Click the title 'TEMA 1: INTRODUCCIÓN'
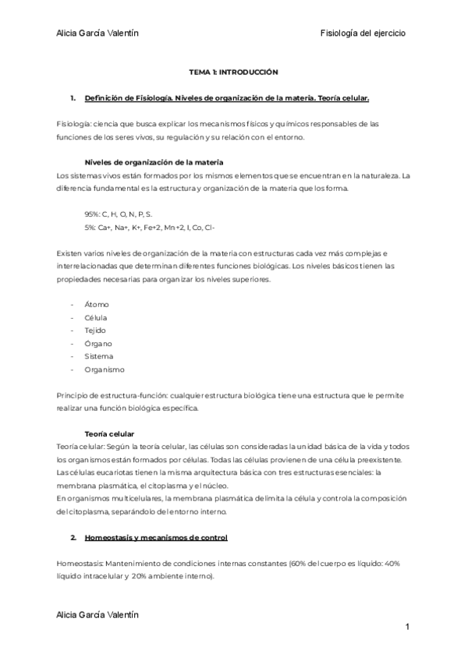pyautogui.click(x=234, y=71)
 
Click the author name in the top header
pyautogui.click(x=97, y=33)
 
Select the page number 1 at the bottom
pyautogui.click(x=407, y=627)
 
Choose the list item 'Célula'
pyautogui.click(x=96, y=317)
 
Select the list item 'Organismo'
pyautogui.click(x=104, y=369)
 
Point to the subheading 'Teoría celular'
pyautogui.click(x=109, y=433)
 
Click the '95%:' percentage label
pyautogui.click(x=94, y=213)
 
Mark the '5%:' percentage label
pyautogui.click(x=91, y=226)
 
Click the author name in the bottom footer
pyautogui.click(x=97, y=614)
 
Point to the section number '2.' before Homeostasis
pyautogui.click(x=73, y=538)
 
